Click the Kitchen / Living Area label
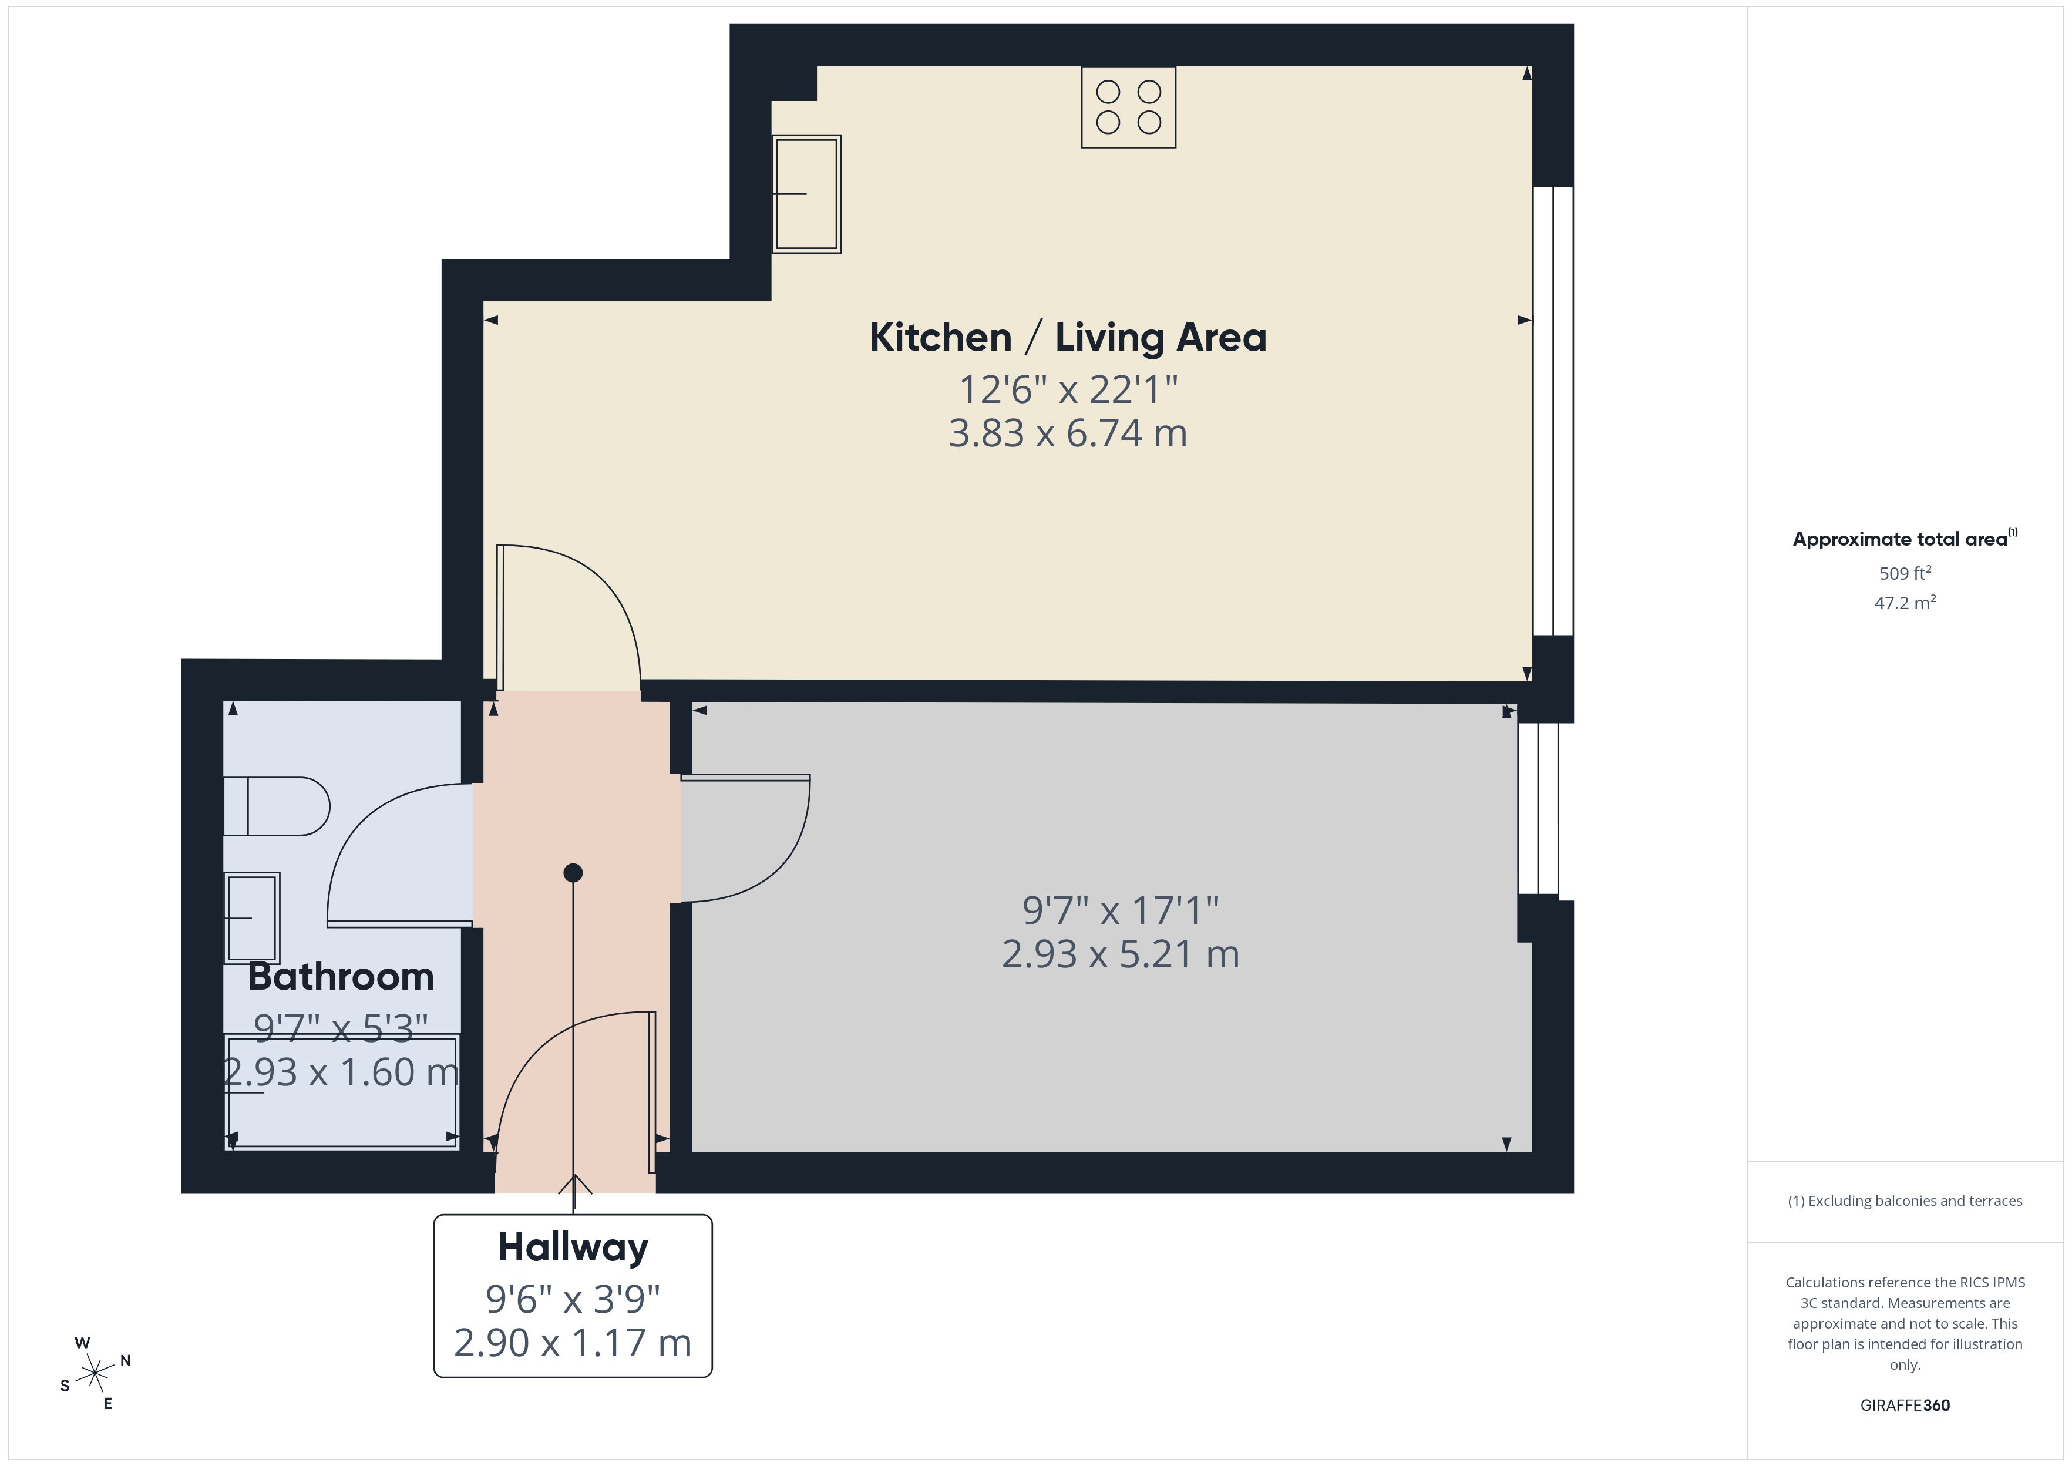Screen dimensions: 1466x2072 tap(1068, 338)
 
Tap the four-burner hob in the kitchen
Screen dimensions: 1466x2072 tap(1128, 106)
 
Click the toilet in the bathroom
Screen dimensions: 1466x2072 tap(276, 806)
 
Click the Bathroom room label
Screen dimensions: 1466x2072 tap(341, 977)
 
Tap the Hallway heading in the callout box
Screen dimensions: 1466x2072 tap(573, 1248)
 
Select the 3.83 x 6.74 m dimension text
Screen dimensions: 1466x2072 tap(1068, 433)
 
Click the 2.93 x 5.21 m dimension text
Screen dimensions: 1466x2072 tap(1120, 954)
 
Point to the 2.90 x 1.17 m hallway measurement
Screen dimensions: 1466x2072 tap(573, 1343)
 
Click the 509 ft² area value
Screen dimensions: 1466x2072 tap(1905, 573)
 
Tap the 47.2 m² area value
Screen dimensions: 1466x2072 tap(1905, 603)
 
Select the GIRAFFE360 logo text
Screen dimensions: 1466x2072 tap(1905, 1406)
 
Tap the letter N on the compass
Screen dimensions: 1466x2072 tap(126, 1360)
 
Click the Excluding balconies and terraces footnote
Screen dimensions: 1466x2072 tap(1905, 1201)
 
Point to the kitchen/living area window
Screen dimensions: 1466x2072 tap(1553, 411)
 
